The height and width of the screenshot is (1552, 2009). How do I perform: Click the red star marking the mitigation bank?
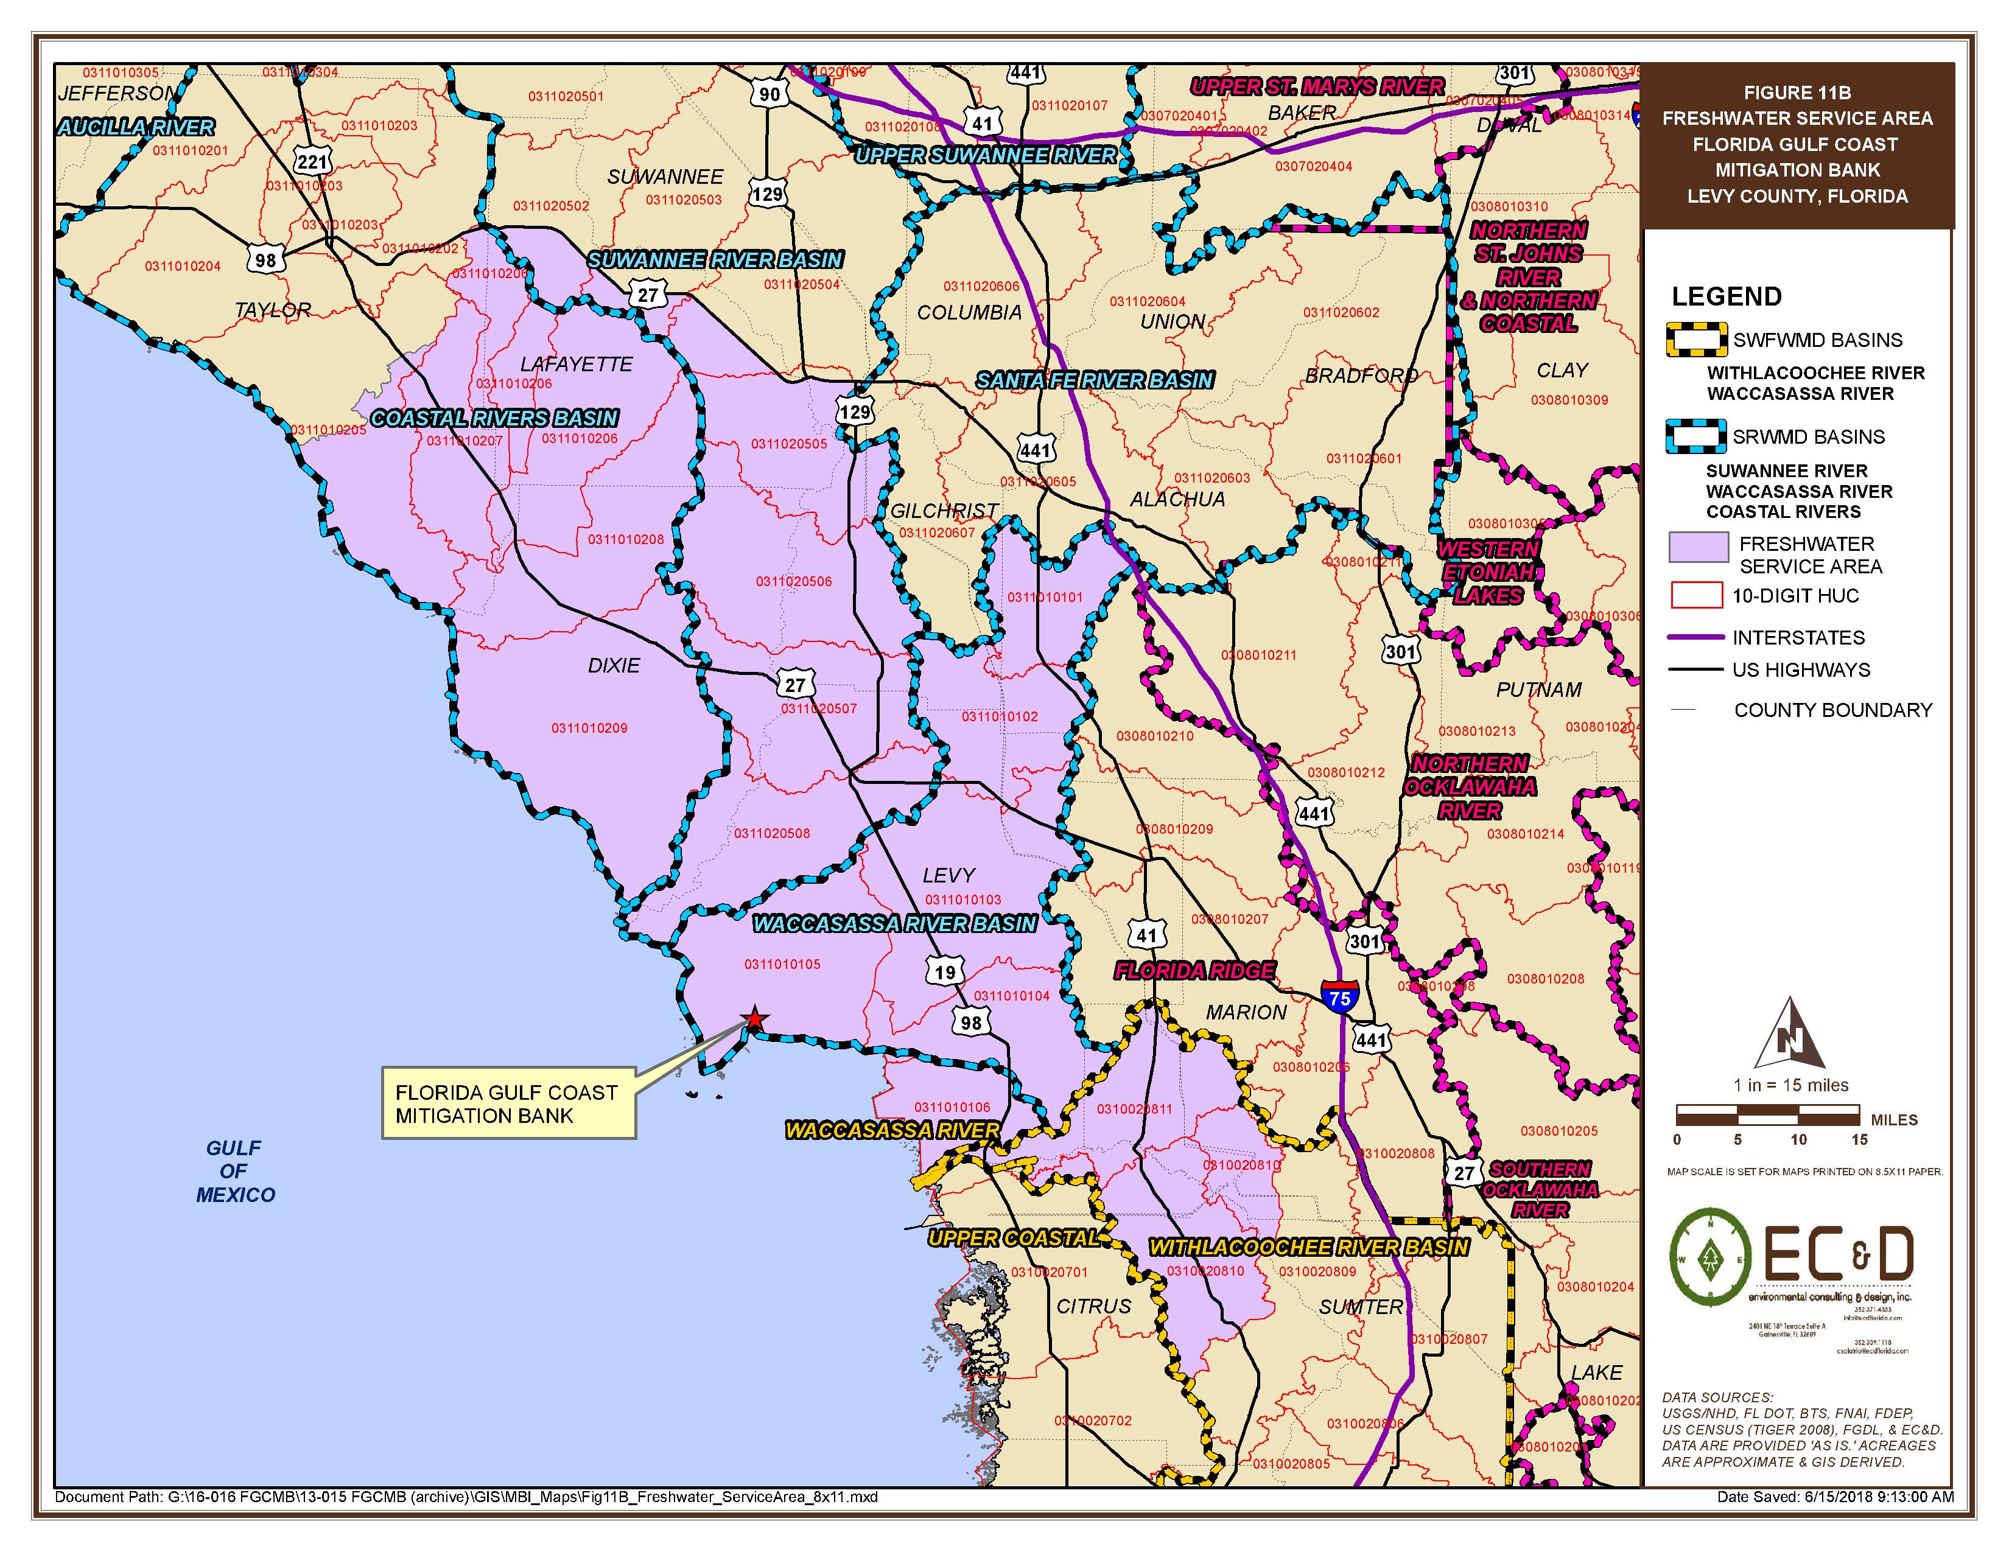tap(754, 1019)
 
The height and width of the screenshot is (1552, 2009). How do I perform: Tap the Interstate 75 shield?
tap(1339, 997)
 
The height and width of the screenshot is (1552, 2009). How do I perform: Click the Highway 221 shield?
tap(312, 163)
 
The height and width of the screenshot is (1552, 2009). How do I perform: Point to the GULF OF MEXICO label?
tap(234, 1170)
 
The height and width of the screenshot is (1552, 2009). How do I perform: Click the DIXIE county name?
tap(614, 665)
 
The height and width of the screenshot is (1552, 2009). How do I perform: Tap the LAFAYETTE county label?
tap(576, 364)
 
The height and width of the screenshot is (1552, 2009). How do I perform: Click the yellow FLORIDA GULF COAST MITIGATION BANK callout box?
tap(508, 1103)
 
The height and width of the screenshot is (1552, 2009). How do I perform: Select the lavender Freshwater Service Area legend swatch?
tap(1698, 547)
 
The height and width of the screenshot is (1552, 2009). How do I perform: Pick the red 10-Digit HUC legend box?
tap(1695, 595)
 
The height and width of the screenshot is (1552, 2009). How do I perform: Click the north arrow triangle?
tap(1789, 1033)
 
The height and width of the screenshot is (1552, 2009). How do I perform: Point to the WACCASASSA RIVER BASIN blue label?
tap(894, 924)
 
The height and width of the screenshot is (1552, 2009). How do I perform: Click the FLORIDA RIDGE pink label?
tap(1194, 970)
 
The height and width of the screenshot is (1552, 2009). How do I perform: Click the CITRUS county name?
tap(1093, 1306)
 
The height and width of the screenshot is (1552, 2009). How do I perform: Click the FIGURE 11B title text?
tap(1797, 93)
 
